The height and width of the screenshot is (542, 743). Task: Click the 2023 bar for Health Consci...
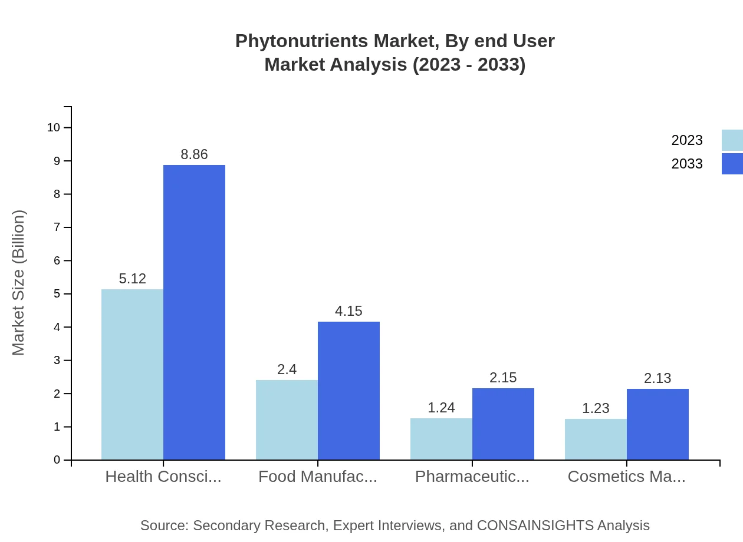point(132,374)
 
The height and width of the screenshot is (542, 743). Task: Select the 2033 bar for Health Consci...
point(194,312)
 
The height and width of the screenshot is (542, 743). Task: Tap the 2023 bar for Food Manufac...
point(287,419)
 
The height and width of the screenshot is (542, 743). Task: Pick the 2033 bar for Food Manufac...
point(349,391)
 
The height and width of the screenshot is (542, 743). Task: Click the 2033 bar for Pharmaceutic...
point(503,424)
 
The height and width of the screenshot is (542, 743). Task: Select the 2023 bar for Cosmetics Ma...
point(596,439)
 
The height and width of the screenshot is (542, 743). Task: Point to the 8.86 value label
point(194,154)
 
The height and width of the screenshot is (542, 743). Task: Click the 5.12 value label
point(132,279)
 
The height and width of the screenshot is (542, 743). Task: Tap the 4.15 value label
point(349,311)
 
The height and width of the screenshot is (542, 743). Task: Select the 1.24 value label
point(441,408)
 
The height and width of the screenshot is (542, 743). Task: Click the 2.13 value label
point(657,378)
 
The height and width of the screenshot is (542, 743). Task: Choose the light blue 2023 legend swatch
point(732,140)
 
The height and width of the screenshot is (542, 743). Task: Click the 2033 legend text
point(687,164)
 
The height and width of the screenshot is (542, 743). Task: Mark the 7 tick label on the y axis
point(57,227)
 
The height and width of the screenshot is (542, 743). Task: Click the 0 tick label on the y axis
point(57,460)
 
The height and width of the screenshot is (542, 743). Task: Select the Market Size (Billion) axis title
point(18,283)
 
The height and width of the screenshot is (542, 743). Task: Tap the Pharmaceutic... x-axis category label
point(472,477)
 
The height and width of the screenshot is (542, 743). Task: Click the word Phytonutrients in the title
point(301,41)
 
